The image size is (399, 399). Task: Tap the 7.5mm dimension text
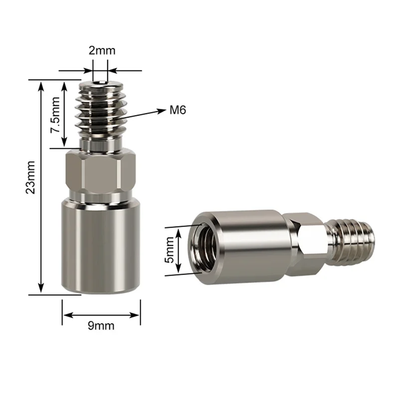click(x=55, y=114)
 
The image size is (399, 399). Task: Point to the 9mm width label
click(x=101, y=326)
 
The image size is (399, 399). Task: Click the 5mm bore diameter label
click(x=170, y=250)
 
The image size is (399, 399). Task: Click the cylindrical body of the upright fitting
click(x=101, y=244)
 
